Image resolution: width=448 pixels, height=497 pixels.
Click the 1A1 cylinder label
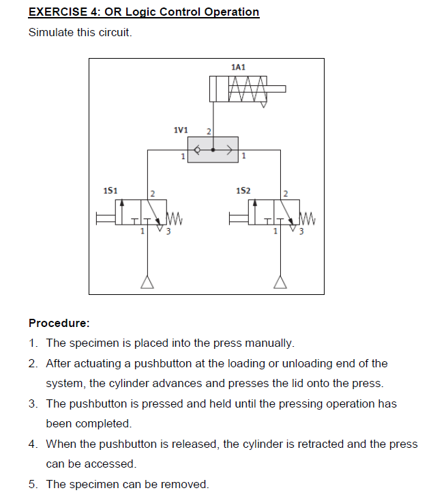pyautogui.click(x=238, y=67)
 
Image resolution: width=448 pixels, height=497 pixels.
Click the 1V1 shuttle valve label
pyautogui.click(x=181, y=130)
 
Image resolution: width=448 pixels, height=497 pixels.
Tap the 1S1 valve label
pyautogui.click(x=110, y=189)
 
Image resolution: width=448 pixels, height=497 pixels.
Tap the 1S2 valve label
pyautogui.click(x=243, y=189)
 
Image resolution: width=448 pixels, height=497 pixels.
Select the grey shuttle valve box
pyautogui.click(x=213, y=150)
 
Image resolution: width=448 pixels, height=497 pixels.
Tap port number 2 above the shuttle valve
pyautogui.click(x=208, y=130)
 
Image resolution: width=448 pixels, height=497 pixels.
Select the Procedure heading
pyautogui.click(x=59, y=323)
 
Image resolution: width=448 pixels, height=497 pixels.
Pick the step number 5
pyautogui.click(x=33, y=484)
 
